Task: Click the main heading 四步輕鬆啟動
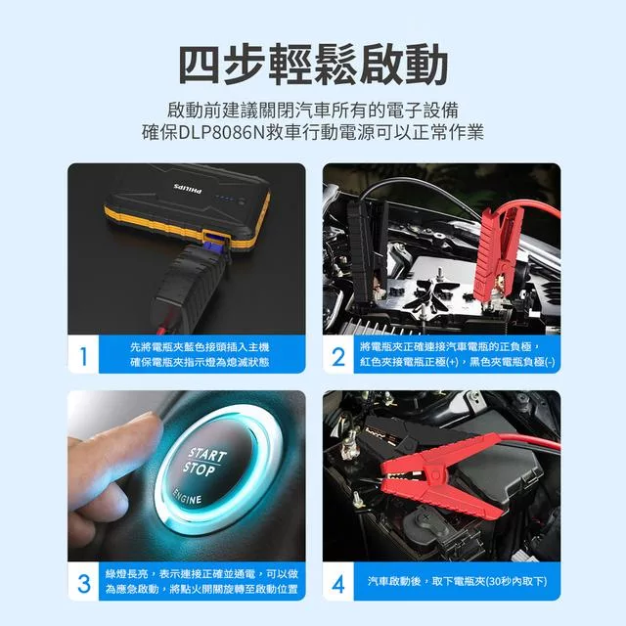pos(313,65)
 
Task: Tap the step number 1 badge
pos(83,355)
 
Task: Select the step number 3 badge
pos(83,583)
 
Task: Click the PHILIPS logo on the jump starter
pos(188,189)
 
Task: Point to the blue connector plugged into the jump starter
pos(212,243)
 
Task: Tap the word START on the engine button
pos(207,455)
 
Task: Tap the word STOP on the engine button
pos(200,469)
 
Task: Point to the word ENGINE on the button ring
pos(187,496)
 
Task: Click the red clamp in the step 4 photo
pos(443,479)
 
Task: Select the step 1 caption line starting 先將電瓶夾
pos(200,347)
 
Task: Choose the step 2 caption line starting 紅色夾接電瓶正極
pos(457,362)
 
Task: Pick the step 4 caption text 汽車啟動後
pos(394,581)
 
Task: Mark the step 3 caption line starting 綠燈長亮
pos(201,574)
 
